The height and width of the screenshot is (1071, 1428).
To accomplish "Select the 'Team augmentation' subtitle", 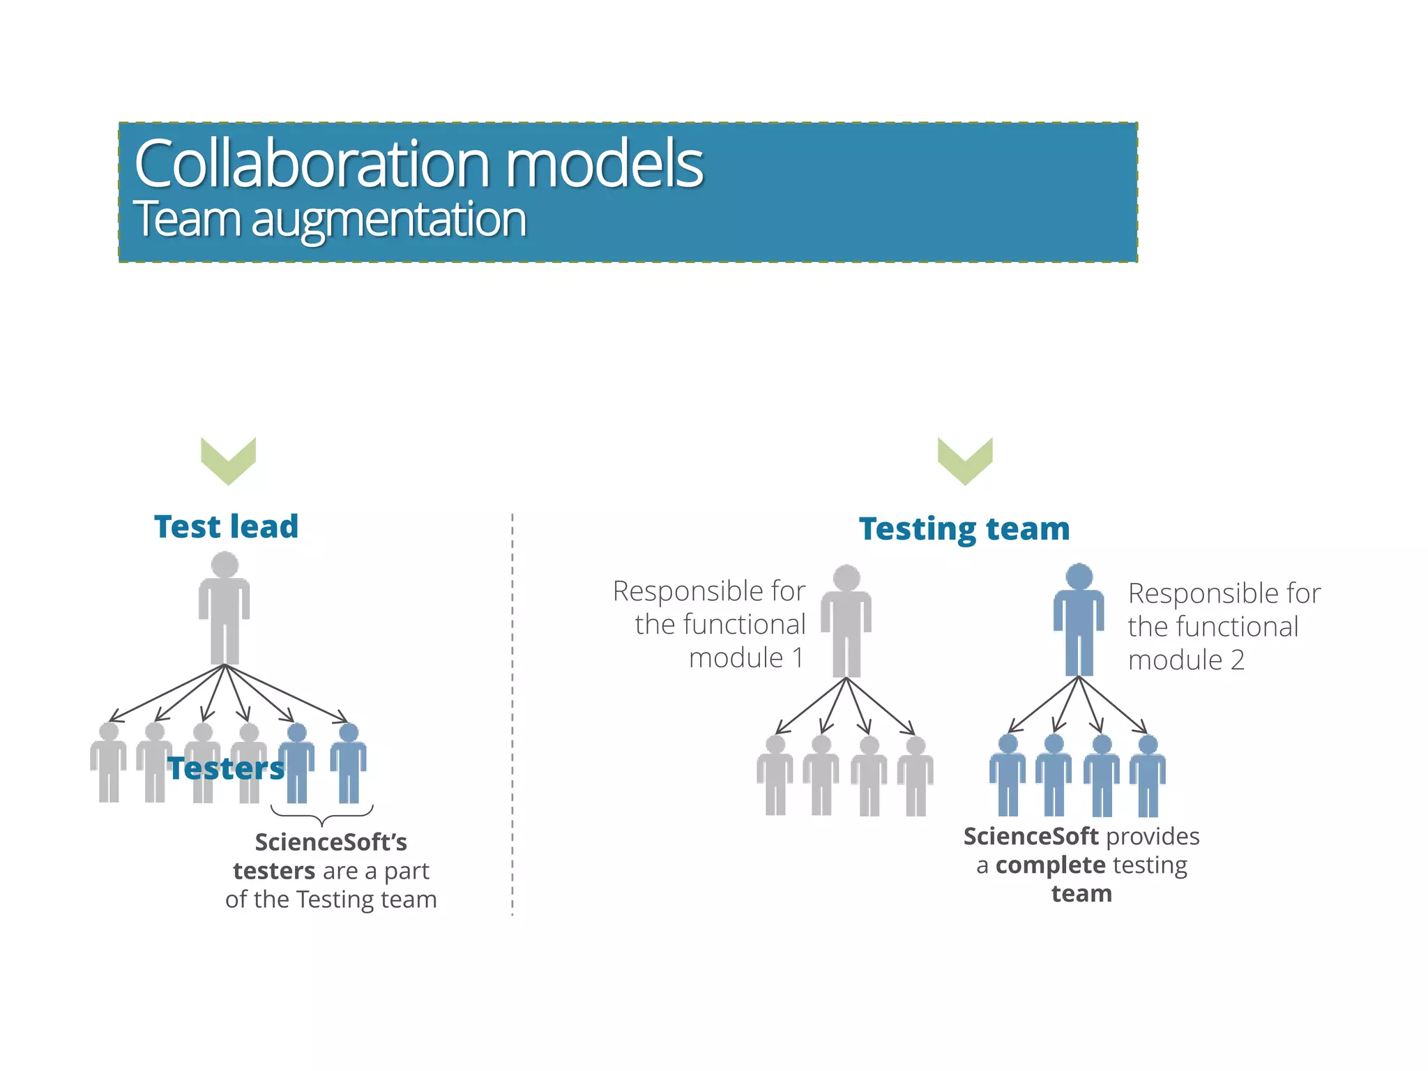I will (330, 219).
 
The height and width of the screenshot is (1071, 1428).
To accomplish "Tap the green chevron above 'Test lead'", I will (228, 461).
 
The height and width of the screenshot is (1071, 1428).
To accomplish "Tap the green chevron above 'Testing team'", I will (965, 461).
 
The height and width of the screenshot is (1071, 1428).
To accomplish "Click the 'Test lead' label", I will (227, 526).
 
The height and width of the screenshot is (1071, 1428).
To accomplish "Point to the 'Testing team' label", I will (964, 529).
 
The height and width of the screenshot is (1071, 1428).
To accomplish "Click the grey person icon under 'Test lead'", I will (225, 607).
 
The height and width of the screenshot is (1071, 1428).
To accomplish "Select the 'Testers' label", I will (227, 768).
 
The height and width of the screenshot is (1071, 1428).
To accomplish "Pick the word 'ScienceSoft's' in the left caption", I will (331, 842).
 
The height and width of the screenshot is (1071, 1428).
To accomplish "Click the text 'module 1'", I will (746, 658).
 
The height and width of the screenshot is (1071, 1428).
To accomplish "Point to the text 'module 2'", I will (1186, 660).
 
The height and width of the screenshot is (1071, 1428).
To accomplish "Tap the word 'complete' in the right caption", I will (1050, 865).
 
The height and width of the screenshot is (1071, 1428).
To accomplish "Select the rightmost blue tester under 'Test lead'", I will (348, 763).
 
